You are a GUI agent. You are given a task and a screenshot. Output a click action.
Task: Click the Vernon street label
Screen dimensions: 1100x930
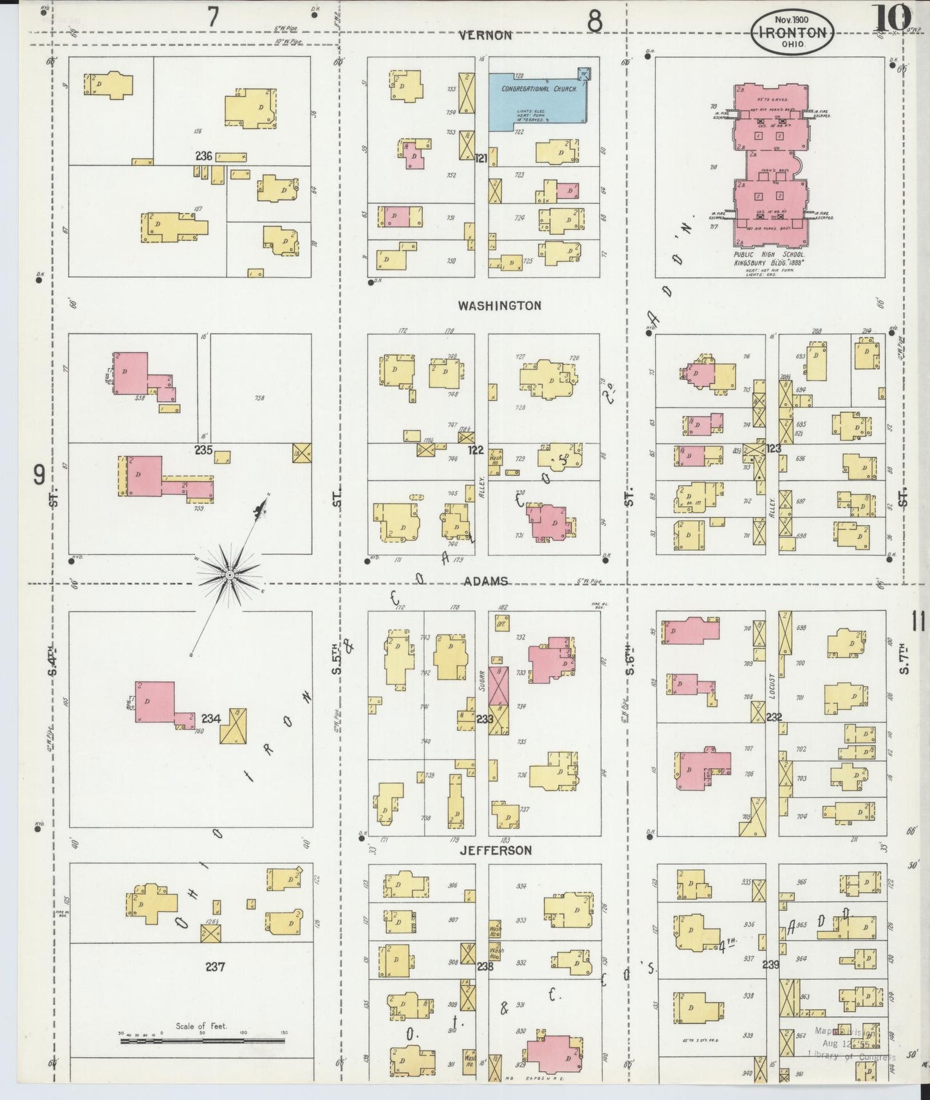486,35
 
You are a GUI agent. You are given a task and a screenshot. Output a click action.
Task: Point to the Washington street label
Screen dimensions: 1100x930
499,306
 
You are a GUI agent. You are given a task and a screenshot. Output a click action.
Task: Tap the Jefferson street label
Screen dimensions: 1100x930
496,850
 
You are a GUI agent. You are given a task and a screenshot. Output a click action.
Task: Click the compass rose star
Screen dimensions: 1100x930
228,574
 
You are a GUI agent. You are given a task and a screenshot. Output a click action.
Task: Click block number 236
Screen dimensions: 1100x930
205,156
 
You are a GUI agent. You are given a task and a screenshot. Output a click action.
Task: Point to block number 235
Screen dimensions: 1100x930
204,450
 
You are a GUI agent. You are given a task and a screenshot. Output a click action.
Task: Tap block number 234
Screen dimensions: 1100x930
210,719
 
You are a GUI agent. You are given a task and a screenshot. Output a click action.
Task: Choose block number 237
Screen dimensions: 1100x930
215,966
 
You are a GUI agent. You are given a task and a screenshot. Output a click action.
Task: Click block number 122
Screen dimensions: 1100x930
475,450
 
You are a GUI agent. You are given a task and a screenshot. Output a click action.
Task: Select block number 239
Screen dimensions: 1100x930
771,965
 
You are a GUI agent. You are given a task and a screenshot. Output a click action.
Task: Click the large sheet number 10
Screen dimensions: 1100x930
891,17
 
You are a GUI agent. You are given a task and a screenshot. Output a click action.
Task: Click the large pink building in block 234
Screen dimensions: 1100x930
155,702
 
